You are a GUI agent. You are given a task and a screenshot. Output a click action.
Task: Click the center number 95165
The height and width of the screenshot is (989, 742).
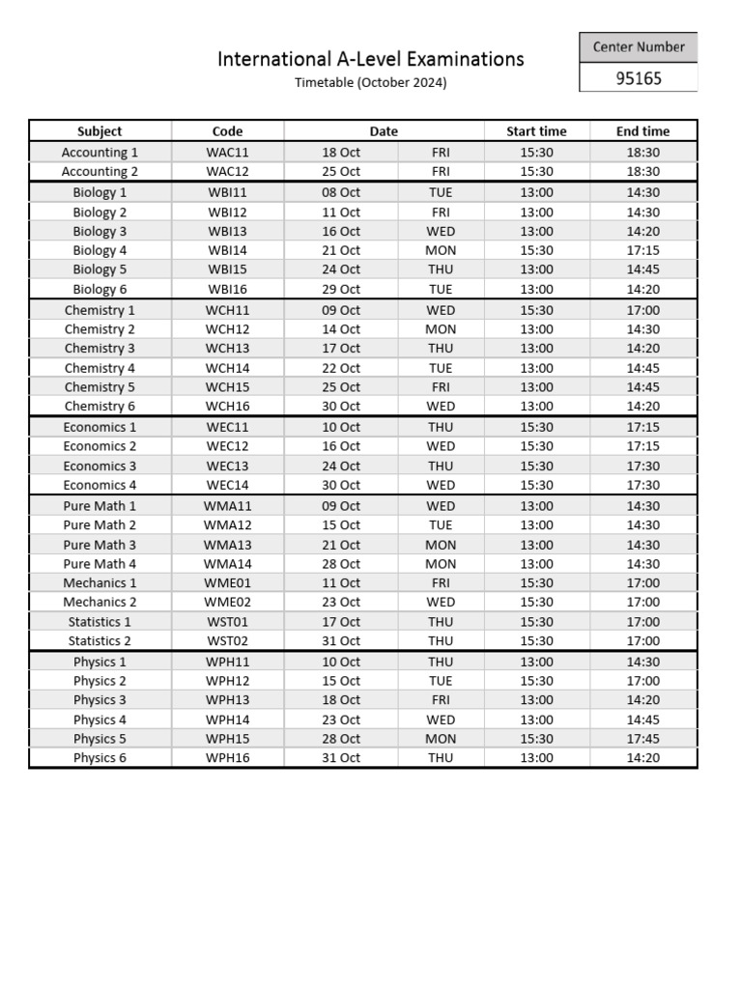639,78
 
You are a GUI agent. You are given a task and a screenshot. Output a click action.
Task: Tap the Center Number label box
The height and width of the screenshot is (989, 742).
639,46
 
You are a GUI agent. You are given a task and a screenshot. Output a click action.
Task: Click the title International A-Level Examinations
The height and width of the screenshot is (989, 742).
371,59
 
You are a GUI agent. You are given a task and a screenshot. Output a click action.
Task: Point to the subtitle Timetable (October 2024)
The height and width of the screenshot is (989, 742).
371,83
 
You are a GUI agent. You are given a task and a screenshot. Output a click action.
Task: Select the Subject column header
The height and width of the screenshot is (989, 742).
100,131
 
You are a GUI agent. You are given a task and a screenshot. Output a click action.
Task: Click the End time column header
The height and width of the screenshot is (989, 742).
642,131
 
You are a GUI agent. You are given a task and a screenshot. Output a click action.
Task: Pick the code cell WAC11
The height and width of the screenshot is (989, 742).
227,153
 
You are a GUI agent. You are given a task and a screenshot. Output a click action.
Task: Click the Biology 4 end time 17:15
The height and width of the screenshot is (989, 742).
642,250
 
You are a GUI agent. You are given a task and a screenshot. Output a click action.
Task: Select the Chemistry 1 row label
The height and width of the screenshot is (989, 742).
100,310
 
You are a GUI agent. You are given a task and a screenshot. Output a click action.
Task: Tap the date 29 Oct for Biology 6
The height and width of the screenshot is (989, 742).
341,289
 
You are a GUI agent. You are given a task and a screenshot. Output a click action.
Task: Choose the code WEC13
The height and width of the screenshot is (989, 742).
227,466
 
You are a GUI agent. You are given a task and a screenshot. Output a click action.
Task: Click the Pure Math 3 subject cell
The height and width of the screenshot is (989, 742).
100,545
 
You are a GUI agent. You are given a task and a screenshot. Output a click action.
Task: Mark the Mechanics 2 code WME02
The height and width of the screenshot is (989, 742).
227,603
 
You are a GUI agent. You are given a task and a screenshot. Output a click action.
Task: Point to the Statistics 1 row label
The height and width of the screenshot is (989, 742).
100,622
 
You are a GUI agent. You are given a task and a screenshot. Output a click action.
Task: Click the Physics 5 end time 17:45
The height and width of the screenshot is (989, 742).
642,739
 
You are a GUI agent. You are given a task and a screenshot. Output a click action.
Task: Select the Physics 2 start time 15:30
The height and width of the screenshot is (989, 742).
536,681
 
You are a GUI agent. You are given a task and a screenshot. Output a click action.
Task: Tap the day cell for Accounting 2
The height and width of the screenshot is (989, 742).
441,172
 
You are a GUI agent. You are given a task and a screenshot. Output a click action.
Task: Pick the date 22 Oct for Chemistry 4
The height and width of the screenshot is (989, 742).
341,368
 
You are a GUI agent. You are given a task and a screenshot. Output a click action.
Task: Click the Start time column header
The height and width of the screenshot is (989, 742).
536,131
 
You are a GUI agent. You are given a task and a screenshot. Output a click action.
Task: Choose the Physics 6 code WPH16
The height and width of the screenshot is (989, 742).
227,758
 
